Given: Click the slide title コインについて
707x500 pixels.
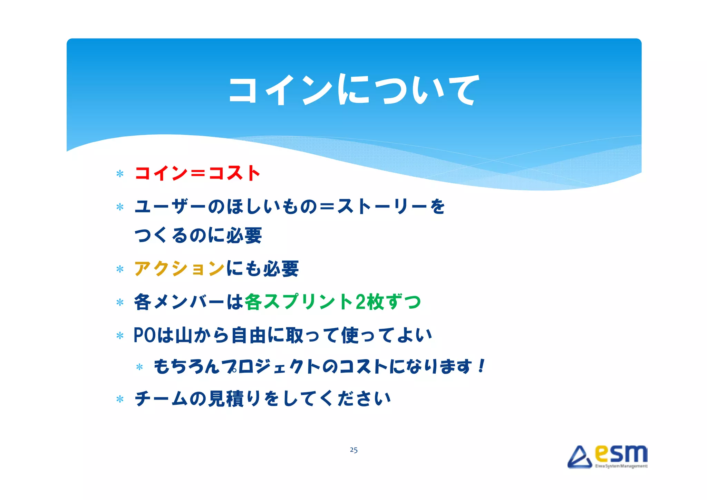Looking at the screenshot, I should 353,90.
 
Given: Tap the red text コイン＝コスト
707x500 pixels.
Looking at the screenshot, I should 197,173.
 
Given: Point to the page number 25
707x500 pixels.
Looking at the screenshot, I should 353,450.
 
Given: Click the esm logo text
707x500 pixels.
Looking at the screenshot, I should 621,454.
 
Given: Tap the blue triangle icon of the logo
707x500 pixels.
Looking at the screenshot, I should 579,458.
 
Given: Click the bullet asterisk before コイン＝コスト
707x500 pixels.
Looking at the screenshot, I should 120,174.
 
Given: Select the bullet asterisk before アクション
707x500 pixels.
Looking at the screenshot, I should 120,269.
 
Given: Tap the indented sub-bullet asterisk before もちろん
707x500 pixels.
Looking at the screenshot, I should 139,367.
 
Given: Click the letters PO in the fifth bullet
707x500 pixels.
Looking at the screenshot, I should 145,335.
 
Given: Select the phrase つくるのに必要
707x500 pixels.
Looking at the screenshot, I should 198,235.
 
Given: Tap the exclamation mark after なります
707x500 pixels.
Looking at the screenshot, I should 481,366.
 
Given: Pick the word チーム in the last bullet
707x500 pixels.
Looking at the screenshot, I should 161,398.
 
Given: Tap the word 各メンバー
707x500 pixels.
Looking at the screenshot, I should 179,302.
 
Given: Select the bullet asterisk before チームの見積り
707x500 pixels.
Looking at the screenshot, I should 120,400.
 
